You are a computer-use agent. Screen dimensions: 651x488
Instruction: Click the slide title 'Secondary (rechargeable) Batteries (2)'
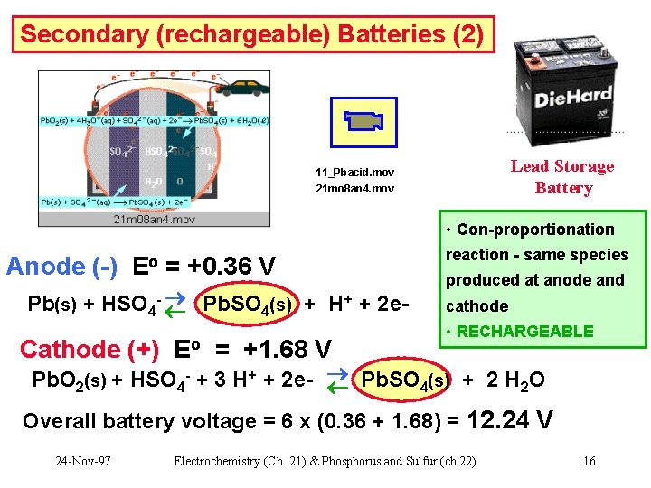point(252,35)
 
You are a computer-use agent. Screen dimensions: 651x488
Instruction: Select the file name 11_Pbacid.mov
point(354,173)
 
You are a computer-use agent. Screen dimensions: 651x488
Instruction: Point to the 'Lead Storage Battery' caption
point(561,177)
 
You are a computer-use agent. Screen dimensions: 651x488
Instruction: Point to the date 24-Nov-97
point(83,461)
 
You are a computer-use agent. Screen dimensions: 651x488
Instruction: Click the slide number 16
point(589,461)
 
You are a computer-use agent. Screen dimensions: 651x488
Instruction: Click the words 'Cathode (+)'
point(89,349)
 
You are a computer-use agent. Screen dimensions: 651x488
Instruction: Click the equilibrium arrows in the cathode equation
point(336,380)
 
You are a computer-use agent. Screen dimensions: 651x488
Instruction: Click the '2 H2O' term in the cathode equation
point(515,380)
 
